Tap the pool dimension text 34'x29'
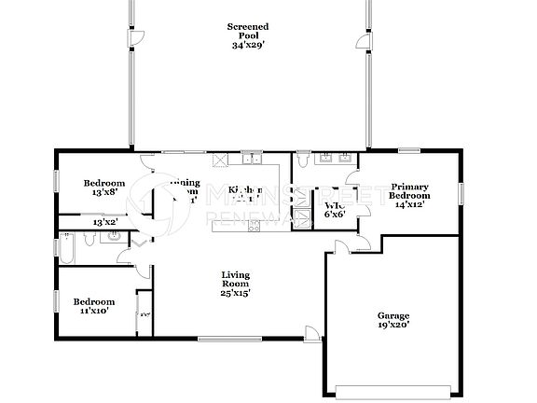pyautogui.click(x=248, y=46)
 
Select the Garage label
pyautogui.click(x=392, y=315)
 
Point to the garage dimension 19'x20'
pyautogui.click(x=392, y=325)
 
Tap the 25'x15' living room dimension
pyautogui.click(x=235, y=293)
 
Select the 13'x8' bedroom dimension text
pyautogui.click(x=103, y=192)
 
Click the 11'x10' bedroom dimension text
pyautogui.click(x=94, y=312)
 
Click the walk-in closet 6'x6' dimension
pyautogui.click(x=335, y=214)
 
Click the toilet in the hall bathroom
pyautogui.click(x=112, y=237)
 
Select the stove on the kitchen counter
pyautogui.click(x=220, y=159)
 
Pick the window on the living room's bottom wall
pyautogui.click(x=224, y=339)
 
